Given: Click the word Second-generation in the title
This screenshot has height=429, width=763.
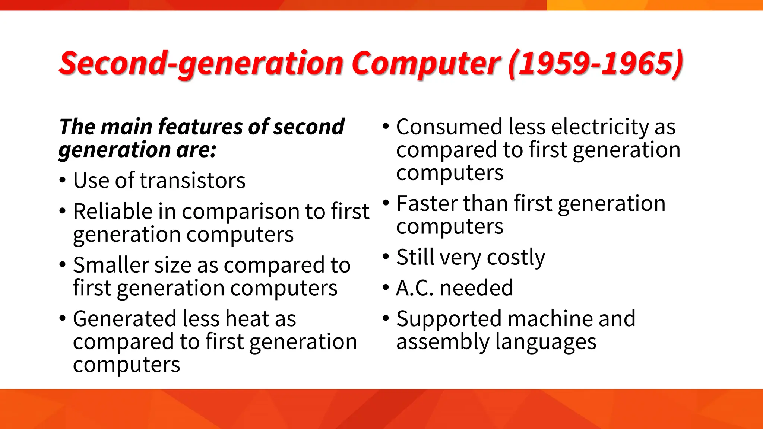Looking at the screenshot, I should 201,63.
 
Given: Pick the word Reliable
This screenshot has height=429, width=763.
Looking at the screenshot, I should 113,212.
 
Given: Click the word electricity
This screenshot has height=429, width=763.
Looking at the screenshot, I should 600,127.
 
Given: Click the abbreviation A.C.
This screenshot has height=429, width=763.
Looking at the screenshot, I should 415,288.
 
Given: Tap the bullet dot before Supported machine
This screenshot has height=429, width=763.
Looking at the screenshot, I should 386,319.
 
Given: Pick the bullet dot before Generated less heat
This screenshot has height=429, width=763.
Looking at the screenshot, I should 63,319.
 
